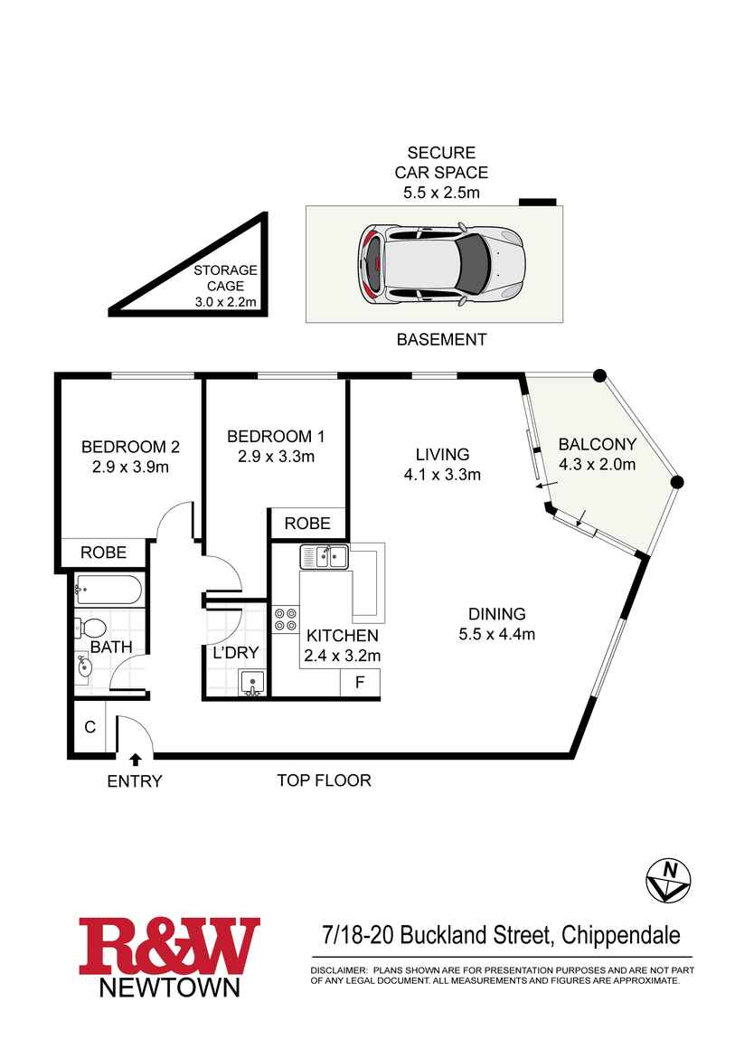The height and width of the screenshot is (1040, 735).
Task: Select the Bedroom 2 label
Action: (x=130, y=446)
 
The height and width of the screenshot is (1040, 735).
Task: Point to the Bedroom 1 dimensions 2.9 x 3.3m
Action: (x=276, y=457)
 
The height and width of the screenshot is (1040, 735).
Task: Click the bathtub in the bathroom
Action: (x=108, y=591)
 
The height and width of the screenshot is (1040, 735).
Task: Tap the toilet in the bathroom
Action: (x=90, y=627)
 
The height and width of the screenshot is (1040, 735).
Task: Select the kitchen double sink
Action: (x=325, y=557)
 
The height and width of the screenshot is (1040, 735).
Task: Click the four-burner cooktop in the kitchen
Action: (x=287, y=619)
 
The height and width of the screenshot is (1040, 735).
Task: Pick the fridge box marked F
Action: (x=359, y=682)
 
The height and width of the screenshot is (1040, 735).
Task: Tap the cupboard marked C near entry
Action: (x=90, y=725)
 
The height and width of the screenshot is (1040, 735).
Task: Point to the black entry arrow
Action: (x=136, y=760)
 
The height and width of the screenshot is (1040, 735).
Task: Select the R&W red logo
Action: (x=169, y=946)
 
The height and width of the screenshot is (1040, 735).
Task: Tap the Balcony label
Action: (x=597, y=444)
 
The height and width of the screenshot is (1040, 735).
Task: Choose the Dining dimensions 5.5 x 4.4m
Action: (x=496, y=634)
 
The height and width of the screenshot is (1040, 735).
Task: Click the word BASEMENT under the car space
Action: (x=442, y=340)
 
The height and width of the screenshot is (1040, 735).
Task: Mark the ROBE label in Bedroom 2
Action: (x=103, y=553)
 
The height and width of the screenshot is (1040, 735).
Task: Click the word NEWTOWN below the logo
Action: (x=169, y=986)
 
